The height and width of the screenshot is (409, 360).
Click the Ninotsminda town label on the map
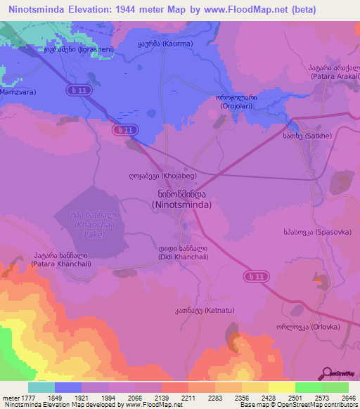pyautogui.click(x=180, y=198)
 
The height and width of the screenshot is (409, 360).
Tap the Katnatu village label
pyautogui.click(x=200, y=312)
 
